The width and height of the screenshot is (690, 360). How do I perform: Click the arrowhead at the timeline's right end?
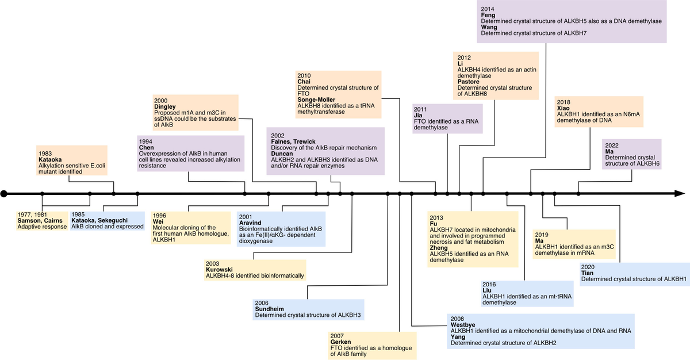click(x=680, y=194)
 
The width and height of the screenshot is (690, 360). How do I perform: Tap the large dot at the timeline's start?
click(x=3, y=194)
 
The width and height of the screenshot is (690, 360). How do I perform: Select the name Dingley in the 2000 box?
click(x=165, y=107)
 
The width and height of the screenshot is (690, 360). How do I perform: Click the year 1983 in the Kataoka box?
click(x=45, y=154)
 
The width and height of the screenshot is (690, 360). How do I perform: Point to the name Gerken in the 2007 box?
click(x=340, y=342)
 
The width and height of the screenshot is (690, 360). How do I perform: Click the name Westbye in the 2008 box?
click(x=463, y=325)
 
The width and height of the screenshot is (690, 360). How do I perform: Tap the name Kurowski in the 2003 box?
click(x=219, y=270)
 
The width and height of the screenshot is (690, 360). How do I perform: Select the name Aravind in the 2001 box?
click(x=250, y=223)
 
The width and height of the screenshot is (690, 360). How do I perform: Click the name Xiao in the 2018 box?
click(x=563, y=108)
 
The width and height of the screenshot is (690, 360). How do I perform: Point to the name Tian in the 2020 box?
click(x=587, y=273)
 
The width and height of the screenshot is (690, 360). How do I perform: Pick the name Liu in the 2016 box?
click(x=486, y=290)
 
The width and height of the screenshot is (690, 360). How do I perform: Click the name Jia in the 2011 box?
click(x=418, y=116)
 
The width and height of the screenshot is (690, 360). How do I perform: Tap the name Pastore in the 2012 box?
click(x=468, y=82)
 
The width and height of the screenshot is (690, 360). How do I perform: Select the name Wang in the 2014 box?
click(x=489, y=27)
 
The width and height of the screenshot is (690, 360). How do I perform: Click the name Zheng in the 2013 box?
click(x=439, y=248)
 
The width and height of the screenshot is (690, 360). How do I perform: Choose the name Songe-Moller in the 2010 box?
click(x=316, y=100)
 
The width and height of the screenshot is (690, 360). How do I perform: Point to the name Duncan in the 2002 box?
click(x=282, y=154)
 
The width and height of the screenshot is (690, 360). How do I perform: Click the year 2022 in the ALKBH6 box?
click(x=612, y=145)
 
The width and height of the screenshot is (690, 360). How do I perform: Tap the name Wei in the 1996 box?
click(x=158, y=222)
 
